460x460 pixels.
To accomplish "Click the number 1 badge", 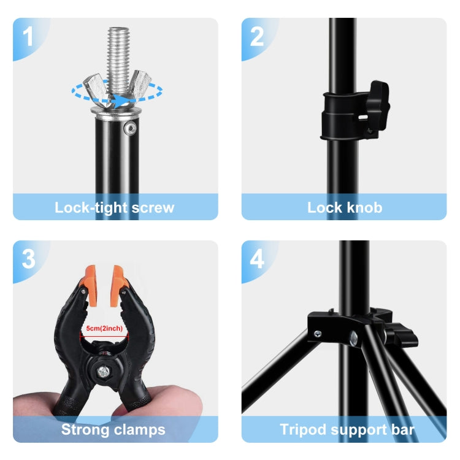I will (x=28, y=36).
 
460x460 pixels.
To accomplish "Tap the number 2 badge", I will (x=257, y=36).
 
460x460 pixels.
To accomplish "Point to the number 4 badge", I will (x=257, y=259).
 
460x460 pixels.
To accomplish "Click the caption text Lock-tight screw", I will (x=115, y=207).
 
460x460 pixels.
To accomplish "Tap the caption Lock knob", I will (x=344, y=207).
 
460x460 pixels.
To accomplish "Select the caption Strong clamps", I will (x=113, y=429).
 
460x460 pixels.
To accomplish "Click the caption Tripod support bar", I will (x=347, y=429).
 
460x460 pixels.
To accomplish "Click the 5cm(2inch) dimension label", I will (x=104, y=329).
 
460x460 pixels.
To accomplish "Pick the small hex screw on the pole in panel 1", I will (x=129, y=128).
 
